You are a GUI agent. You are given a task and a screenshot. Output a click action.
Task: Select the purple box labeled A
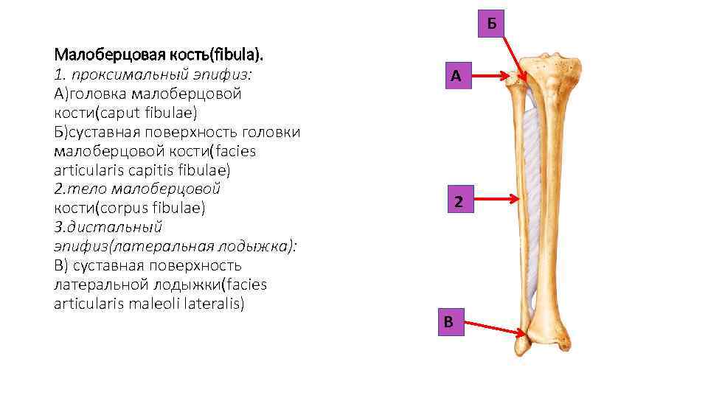click(x=457, y=76)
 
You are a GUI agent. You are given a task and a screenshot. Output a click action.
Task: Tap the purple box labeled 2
click(x=458, y=201)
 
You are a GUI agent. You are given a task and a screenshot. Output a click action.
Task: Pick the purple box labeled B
click(x=448, y=322)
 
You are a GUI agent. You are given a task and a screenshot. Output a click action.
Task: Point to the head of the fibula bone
click(x=516, y=81)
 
